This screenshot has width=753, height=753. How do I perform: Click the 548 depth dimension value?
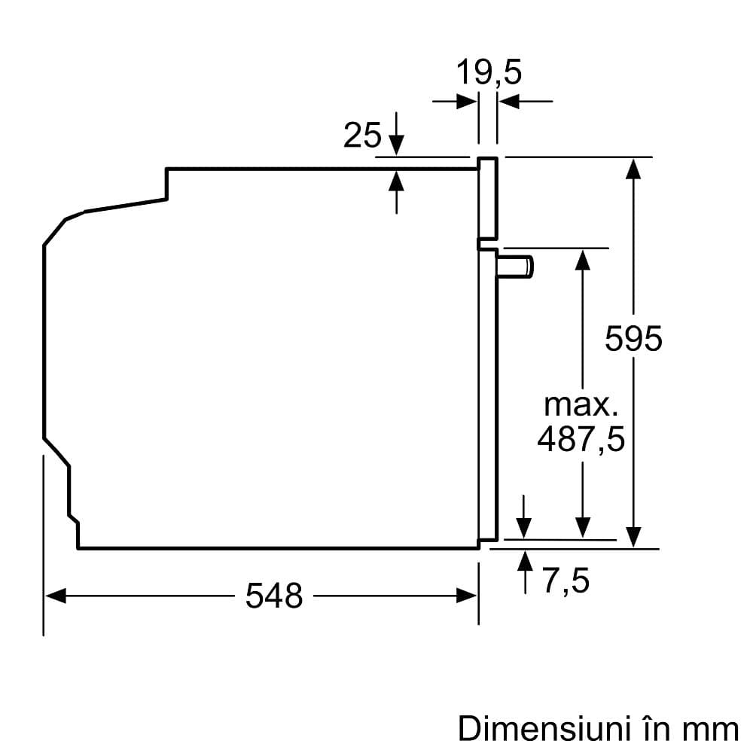tap(274, 596)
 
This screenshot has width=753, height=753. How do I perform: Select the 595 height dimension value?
tap(633, 339)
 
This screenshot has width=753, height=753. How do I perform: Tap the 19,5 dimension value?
tap(489, 74)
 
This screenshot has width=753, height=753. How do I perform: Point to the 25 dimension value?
tap(362, 136)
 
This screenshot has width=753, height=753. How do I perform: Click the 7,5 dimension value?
tap(566, 581)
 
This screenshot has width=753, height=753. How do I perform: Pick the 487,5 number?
tap(581, 439)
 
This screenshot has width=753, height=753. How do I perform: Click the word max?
tap(581, 405)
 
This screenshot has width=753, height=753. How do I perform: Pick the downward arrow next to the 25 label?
tap(397, 143)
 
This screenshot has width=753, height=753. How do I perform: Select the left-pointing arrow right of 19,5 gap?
tap(509, 102)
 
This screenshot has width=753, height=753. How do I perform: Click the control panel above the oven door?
tap(488, 200)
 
